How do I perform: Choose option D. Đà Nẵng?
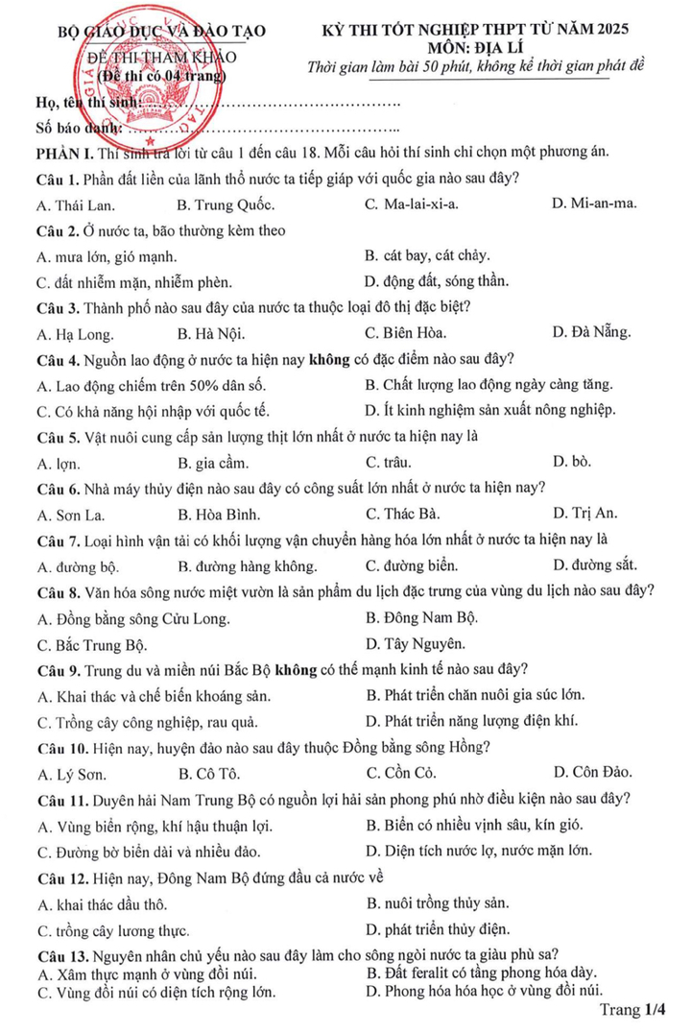[592, 333]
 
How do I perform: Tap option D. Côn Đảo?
[593, 772]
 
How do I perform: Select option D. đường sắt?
[595, 565]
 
